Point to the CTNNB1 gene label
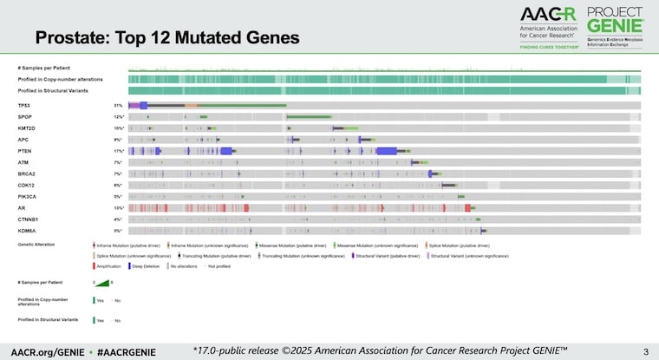point(28,219)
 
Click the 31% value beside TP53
point(118,105)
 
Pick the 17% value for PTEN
point(118,150)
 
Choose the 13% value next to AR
point(118,207)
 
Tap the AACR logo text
point(547,15)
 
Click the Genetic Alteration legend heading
point(36,245)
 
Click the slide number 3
point(644,350)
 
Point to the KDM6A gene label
point(25,230)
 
